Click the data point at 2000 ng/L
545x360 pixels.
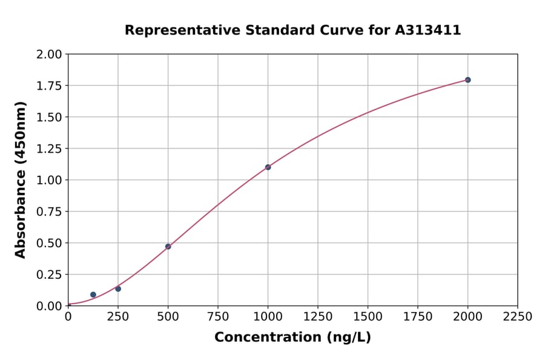467,80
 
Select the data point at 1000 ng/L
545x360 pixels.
268,167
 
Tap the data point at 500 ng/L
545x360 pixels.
168,247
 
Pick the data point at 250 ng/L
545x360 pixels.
118,288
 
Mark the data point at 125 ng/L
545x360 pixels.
93,295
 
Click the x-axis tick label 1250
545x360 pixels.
318,317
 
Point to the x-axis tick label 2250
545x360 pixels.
518,317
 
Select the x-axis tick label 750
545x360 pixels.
218,317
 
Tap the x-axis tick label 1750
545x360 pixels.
418,317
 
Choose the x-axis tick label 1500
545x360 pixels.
368,317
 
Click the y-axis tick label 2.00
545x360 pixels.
49,55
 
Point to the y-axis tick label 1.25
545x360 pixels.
49,148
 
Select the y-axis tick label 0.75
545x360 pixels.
49,212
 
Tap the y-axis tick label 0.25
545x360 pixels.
49,275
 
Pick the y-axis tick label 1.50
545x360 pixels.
49,117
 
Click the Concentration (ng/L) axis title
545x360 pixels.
292,338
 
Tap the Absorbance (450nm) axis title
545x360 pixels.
21,180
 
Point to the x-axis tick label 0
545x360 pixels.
68,317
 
